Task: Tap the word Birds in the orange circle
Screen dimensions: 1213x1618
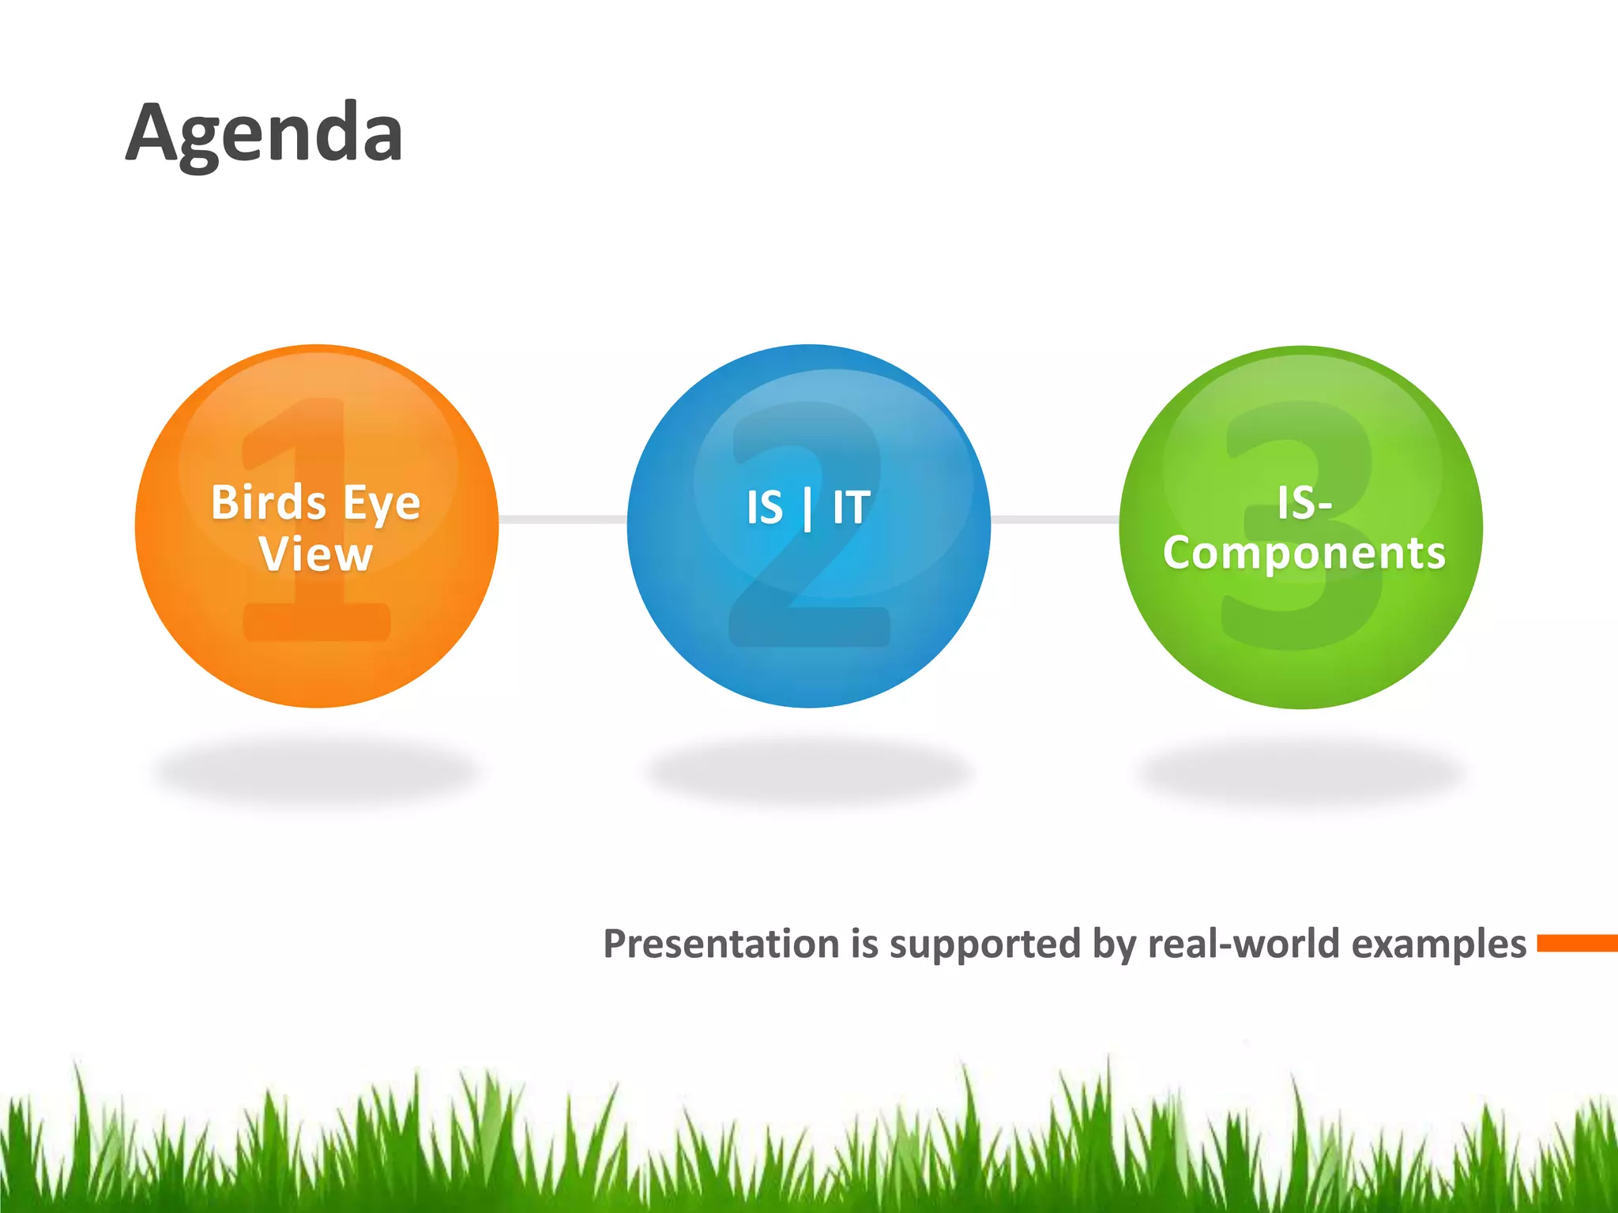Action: (x=269, y=503)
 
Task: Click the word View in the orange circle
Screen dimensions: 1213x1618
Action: (x=316, y=554)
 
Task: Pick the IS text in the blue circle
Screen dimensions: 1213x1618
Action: (x=765, y=508)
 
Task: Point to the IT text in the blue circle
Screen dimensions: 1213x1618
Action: (x=852, y=508)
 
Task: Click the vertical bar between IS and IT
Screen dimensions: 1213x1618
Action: (x=807, y=509)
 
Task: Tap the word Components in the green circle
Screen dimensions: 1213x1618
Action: (x=1304, y=553)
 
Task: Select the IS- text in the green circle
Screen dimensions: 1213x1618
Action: (x=1304, y=503)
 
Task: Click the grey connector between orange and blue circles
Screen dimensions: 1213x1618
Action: (x=563, y=519)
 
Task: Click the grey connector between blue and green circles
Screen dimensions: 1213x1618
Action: (x=1055, y=519)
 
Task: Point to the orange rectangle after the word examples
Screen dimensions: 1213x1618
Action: (x=1577, y=943)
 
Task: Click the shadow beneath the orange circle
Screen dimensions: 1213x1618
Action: (x=316, y=770)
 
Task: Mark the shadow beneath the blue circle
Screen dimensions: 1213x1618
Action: (x=807, y=770)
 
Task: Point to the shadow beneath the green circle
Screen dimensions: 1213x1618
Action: (x=1301, y=770)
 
